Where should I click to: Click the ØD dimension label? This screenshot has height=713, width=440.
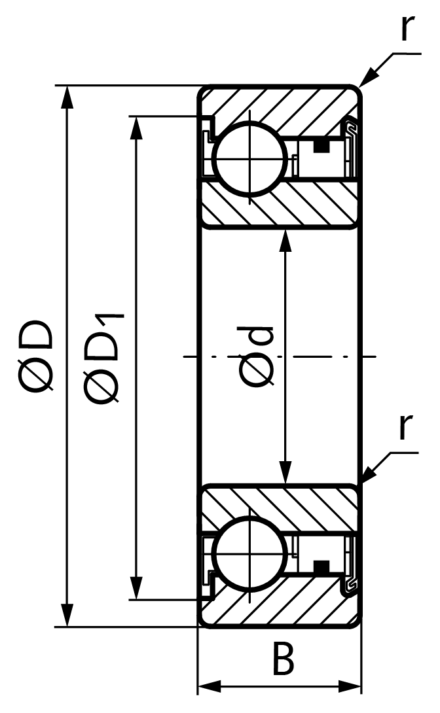(x=39, y=355)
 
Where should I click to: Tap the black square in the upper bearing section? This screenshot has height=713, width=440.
(x=321, y=147)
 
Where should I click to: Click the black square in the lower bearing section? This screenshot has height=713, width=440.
(x=321, y=566)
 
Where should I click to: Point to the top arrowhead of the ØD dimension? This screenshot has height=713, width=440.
(x=67, y=97)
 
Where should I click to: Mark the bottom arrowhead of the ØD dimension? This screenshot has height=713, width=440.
(x=67, y=616)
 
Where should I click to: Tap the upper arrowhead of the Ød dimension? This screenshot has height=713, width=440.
(x=285, y=241)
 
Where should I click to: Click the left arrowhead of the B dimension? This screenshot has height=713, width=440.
(x=210, y=686)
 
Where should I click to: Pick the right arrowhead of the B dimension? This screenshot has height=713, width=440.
(x=350, y=686)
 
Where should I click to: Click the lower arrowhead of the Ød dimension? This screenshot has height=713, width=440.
(x=285, y=472)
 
